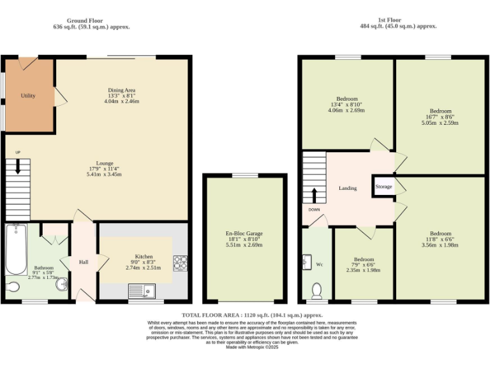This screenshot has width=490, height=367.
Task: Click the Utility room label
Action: pyautogui.click(x=28, y=96)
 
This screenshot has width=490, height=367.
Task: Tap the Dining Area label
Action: pyautogui.click(x=121, y=90)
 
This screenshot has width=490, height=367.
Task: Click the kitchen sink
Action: pyautogui.click(x=142, y=291)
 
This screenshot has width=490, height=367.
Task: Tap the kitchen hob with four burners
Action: pyautogui.click(x=180, y=263)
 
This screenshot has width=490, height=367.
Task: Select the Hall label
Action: pyautogui.click(x=84, y=262)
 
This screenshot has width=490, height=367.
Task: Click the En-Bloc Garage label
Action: pyautogui.click(x=245, y=234)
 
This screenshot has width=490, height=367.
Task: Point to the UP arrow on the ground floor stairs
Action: pyautogui.click(x=18, y=167)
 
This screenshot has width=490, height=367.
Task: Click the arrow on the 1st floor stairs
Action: pyautogui.click(x=314, y=195)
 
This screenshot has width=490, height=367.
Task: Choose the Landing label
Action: pyautogui.click(x=348, y=188)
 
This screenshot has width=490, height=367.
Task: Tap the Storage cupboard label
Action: pyautogui.click(x=383, y=187)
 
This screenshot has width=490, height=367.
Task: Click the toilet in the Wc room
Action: pyautogui.click(x=316, y=291)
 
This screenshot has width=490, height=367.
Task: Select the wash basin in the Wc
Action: pyautogui.click(x=307, y=262)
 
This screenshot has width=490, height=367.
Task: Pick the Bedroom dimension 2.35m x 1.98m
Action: pyautogui.click(x=364, y=270)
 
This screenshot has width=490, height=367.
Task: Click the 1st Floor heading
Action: pyautogui.click(x=398, y=20)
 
